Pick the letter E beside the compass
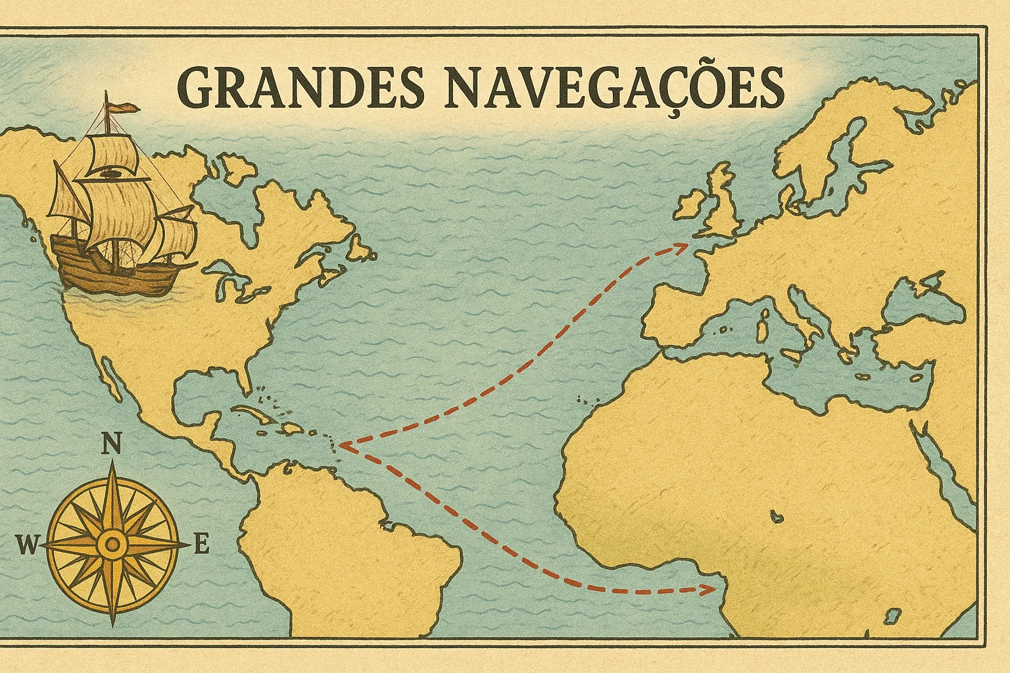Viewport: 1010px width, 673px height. pyautogui.click(x=202, y=545)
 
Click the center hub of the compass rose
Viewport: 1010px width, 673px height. pyautogui.click(x=113, y=544)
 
